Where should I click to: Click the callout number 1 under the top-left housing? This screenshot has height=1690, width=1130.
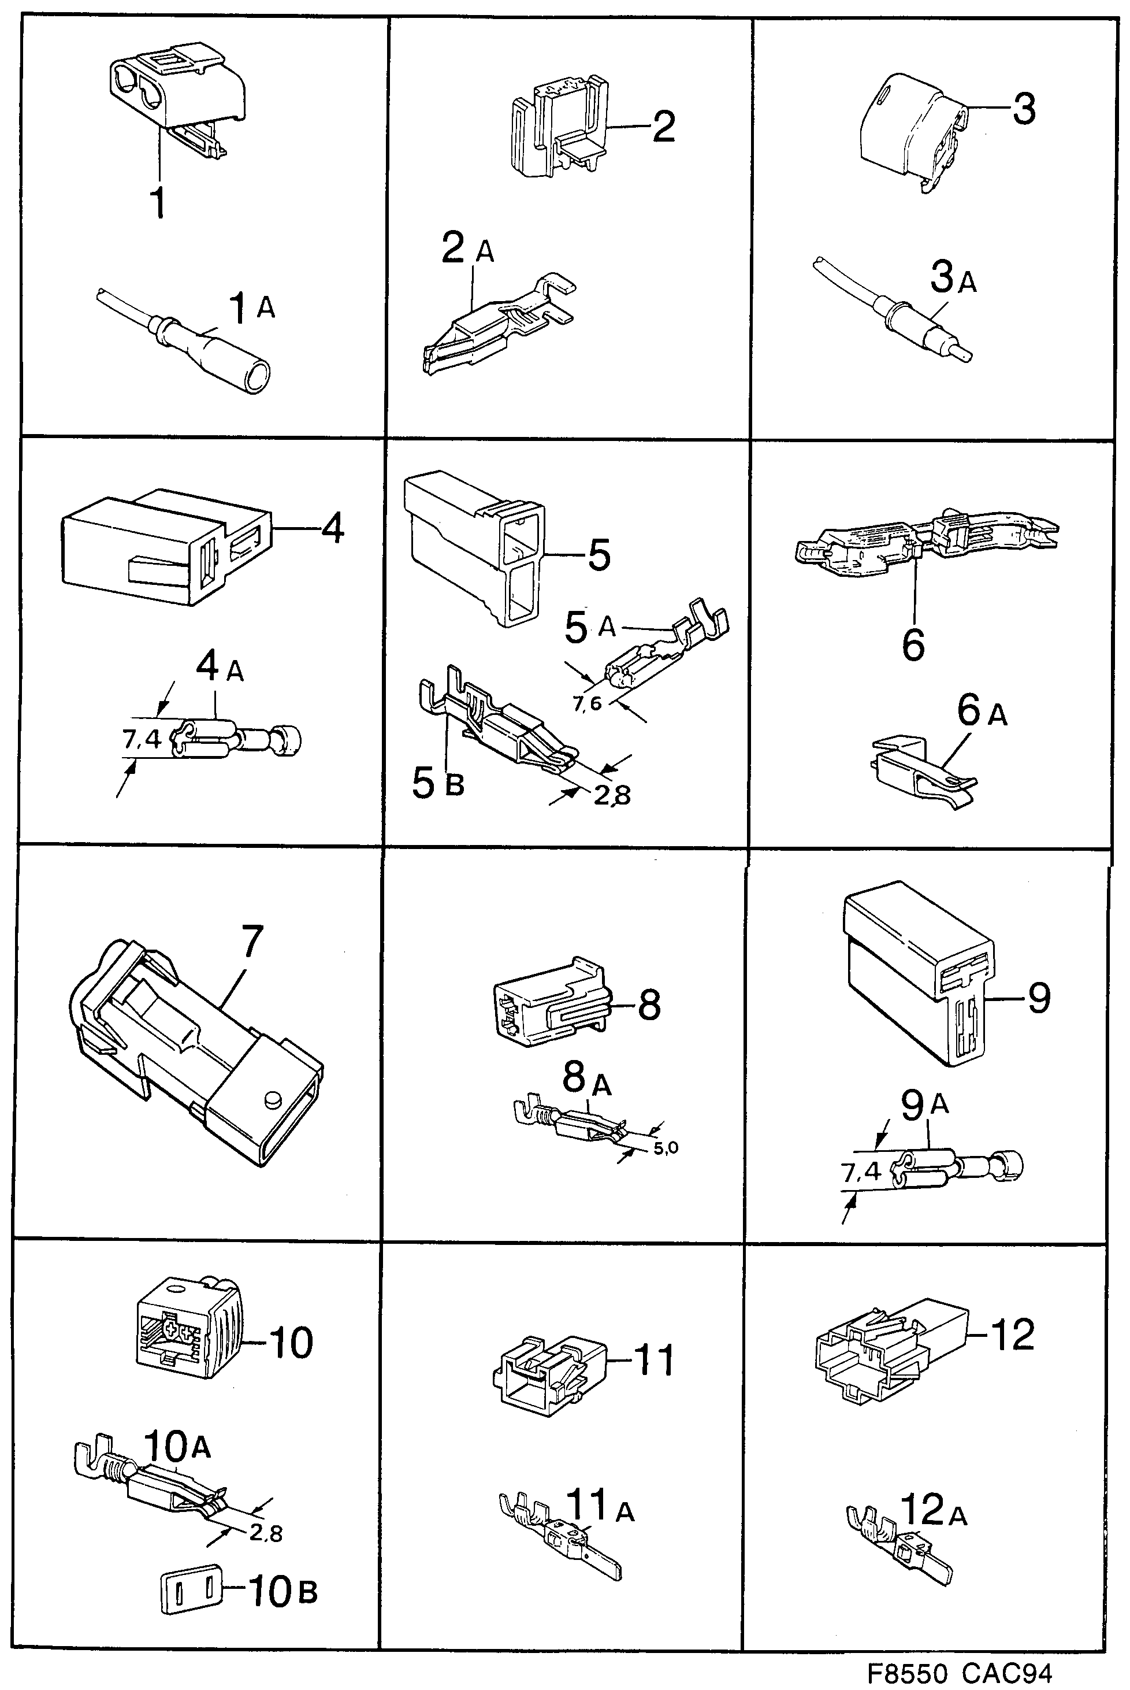[158, 203]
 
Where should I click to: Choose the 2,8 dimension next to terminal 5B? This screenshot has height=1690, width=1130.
[612, 795]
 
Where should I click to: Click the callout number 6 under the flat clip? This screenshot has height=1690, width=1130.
[913, 644]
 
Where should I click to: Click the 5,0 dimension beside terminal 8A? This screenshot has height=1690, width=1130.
[665, 1147]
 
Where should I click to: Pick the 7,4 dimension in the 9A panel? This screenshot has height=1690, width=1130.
[862, 1172]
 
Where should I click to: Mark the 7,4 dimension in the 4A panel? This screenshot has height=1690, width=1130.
[142, 739]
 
